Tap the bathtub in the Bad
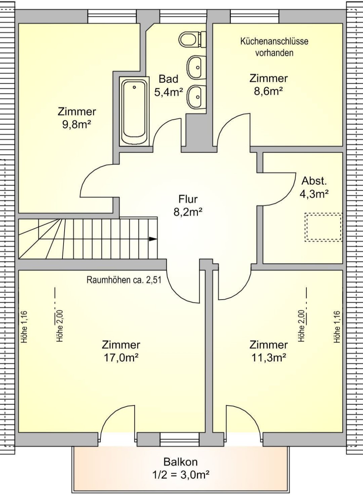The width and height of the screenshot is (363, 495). (134, 111)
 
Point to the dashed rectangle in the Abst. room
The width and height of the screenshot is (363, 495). (323, 227)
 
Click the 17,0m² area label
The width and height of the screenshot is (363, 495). (121, 357)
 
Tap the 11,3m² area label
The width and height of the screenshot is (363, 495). (269, 357)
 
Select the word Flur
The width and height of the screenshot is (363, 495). (188, 199)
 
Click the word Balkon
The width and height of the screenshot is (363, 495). (180, 462)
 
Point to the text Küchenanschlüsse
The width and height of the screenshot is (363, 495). (274, 41)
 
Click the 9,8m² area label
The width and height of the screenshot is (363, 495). (77, 124)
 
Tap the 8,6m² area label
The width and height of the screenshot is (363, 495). (268, 91)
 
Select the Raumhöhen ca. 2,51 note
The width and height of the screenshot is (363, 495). (124, 280)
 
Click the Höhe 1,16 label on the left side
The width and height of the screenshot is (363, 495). (24, 327)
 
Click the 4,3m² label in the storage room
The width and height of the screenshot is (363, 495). (314, 194)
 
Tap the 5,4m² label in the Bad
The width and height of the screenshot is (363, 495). (168, 92)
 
